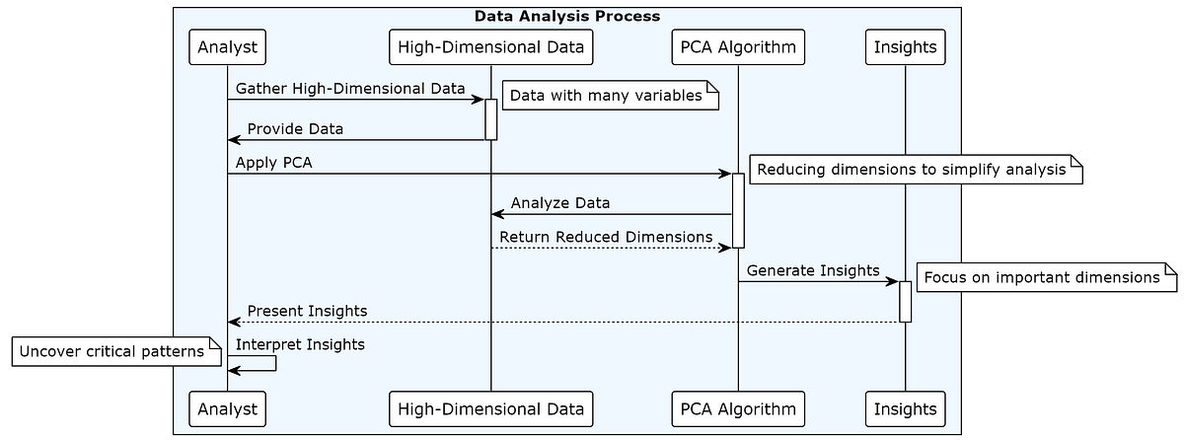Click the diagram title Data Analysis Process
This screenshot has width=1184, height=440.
[x=566, y=16]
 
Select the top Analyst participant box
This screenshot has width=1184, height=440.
[x=227, y=46]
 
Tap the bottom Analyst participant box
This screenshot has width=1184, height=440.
[x=227, y=408]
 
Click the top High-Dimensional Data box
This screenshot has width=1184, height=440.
[x=490, y=46]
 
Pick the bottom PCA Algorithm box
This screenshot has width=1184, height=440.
[x=737, y=408]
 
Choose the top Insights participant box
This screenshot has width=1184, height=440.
[x=905, y=46]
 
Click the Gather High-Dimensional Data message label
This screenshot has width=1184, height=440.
[x=350, y=88]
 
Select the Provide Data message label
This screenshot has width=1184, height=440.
[x=295, y=129]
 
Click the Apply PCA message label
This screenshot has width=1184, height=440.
[x=273, y=163]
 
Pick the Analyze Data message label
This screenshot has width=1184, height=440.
[x=559, y=203]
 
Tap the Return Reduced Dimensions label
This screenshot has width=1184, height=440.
[x=605, y=237]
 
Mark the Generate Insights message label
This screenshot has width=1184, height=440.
[x=812, y=270]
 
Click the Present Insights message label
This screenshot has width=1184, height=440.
[x=307, y=311]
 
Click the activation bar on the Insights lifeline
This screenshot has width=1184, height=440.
[x=905, y=301]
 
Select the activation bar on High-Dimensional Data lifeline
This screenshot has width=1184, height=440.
[x=490, y=118]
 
